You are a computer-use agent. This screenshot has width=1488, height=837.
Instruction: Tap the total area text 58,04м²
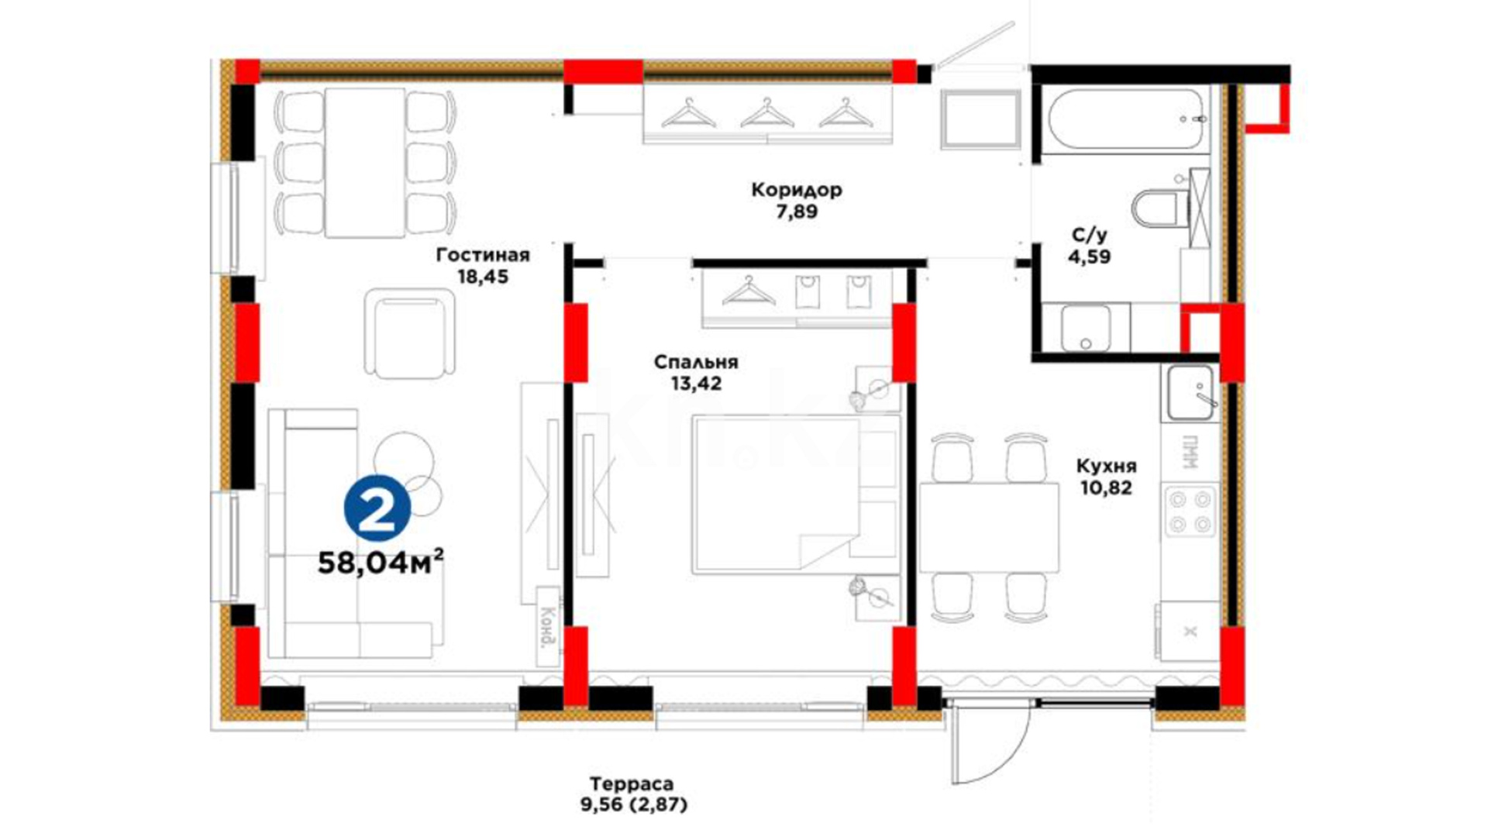381,562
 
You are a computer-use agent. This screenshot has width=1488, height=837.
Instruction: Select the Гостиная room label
483,255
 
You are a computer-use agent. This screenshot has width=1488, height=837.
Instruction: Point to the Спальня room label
696,362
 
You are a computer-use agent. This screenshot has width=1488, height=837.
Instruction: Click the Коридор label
797,190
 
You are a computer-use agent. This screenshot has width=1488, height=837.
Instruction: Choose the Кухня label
1106,466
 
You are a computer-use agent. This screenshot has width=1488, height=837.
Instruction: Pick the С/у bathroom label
1090,234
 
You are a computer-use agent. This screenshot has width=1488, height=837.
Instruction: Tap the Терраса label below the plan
632,784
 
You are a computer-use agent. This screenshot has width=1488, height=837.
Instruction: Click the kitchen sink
1190,393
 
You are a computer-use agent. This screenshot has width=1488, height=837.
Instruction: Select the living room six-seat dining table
365,163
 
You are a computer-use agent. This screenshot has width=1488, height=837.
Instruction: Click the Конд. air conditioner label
549,627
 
